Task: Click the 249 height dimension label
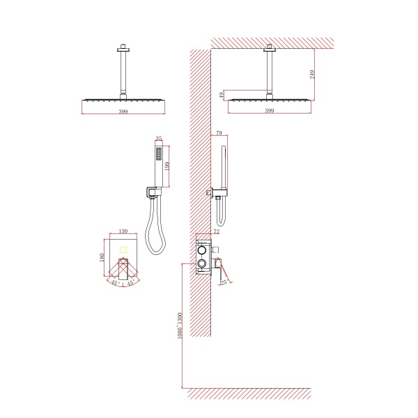tap(312, 75)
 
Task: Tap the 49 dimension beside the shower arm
tap(222, 95)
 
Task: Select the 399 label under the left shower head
tap(123, 111)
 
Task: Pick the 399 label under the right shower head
tap(270, 110)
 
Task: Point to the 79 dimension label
tap(219, 133)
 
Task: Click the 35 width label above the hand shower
tap(159, 138)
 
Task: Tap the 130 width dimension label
tap(123, 231)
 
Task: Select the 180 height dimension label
tap(102, 258)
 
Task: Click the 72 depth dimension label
tap(217, 231)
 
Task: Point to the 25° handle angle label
tap(224, 282)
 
